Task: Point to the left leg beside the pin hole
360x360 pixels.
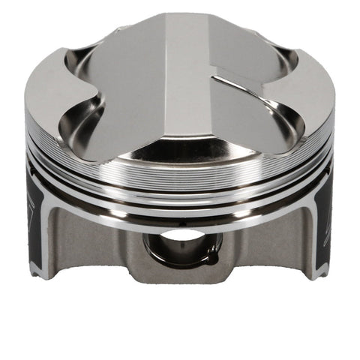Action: (112, 247)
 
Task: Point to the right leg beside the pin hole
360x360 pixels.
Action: (247, 247)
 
